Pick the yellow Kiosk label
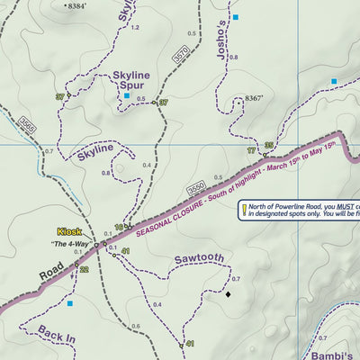(x=69, y=231)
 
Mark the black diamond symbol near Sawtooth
(x=228, y=293)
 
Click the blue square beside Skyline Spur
(x=127, y=95)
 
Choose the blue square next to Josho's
(x=236, y=17)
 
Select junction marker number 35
(x=268, y=146)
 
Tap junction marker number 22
(x=84, y=269)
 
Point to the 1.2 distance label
(x=135, y=28)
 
